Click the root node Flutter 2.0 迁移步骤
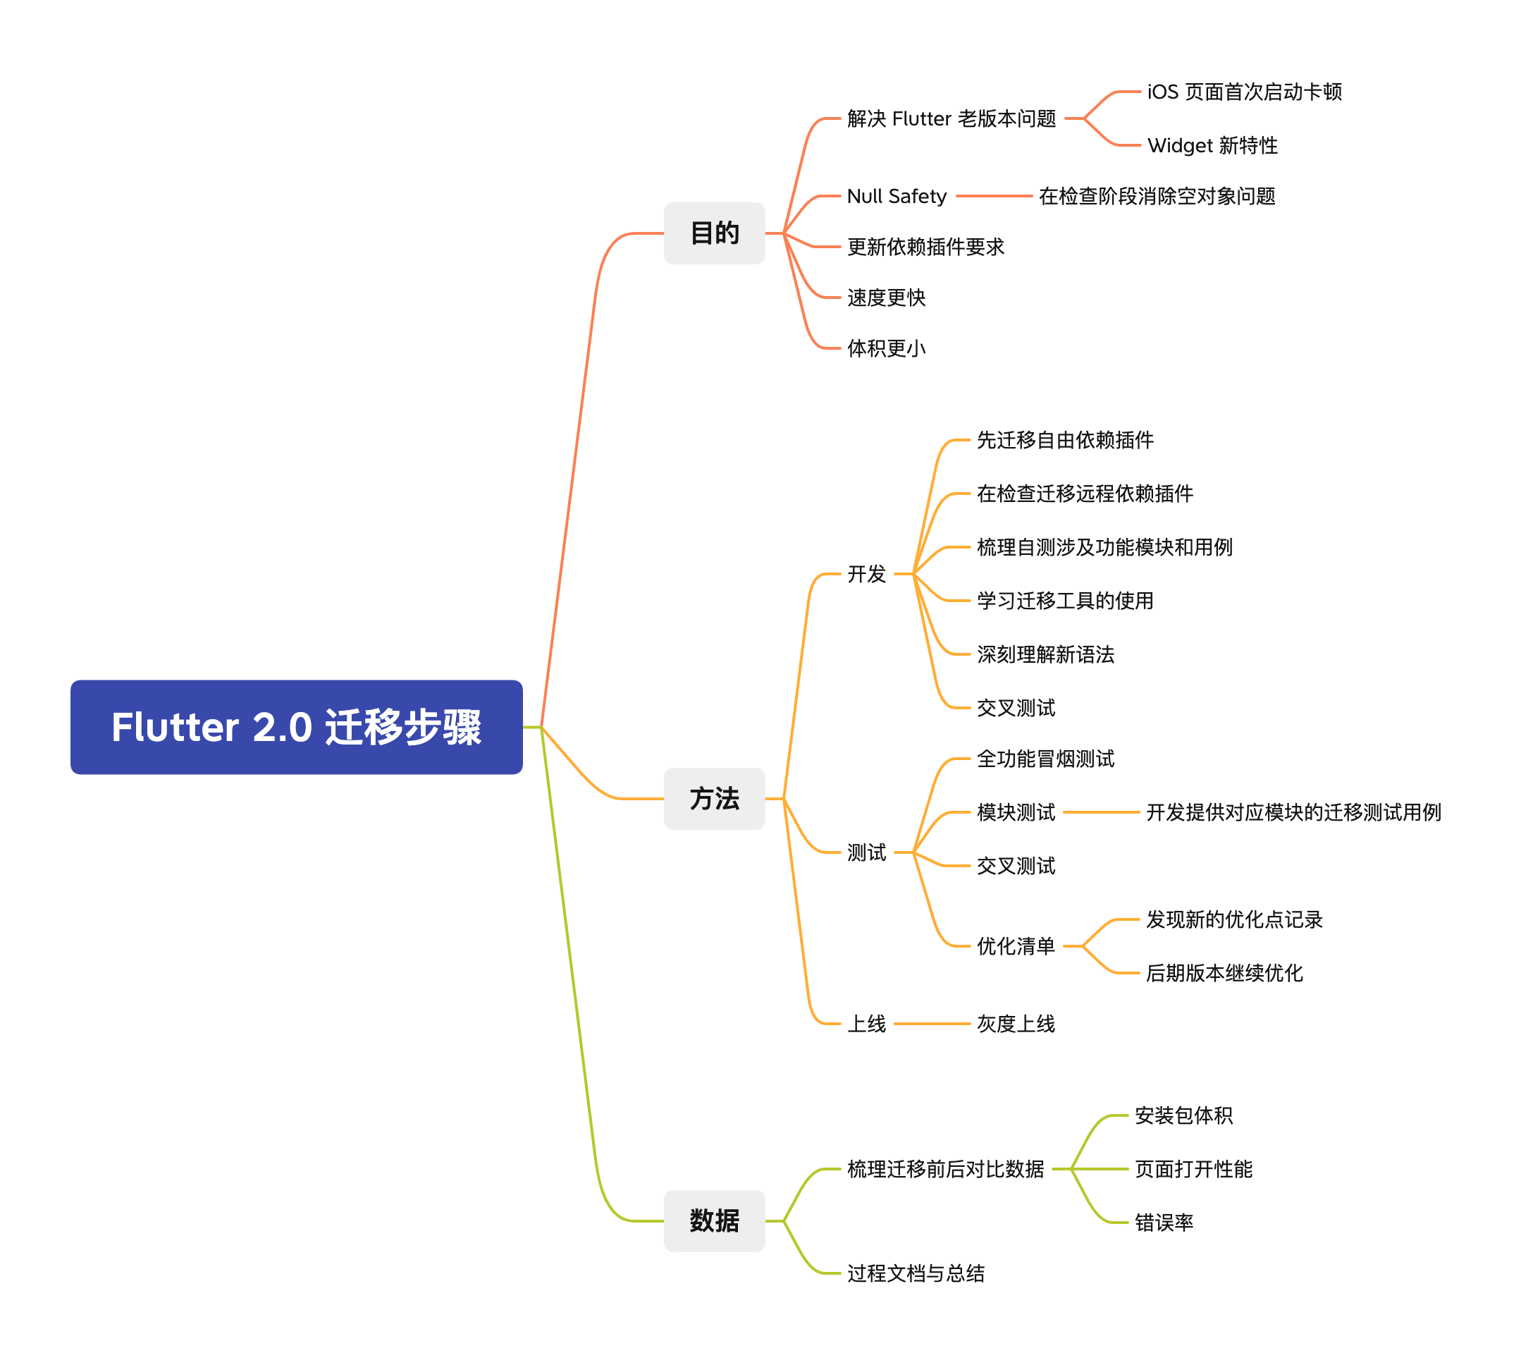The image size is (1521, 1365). point(296,727)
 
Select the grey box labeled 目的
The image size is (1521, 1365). point(714,233)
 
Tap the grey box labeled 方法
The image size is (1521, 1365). point(714,799)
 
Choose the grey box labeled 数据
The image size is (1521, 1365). point(714,1221)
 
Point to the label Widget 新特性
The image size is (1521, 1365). point(1212,145)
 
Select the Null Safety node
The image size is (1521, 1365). point(897,197)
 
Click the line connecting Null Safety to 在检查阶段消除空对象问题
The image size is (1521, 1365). point(993,197)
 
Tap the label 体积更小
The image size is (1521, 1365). point(886,348)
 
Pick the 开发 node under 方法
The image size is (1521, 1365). point(866,575)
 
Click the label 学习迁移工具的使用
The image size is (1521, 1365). point(1064,601)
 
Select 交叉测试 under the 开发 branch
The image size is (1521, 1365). point(1016,708)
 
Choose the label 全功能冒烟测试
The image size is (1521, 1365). point(1045,759)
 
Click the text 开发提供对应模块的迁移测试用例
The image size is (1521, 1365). point(1293,812)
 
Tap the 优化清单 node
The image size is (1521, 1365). point(1016,946)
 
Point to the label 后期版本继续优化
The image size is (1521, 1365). point(1224,974)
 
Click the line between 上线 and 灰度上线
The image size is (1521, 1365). point(932,1024)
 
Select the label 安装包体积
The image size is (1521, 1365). point(1183,1116)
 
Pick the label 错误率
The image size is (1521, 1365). point(1164,1223)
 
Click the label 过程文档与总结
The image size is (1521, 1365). point(916,1273)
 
